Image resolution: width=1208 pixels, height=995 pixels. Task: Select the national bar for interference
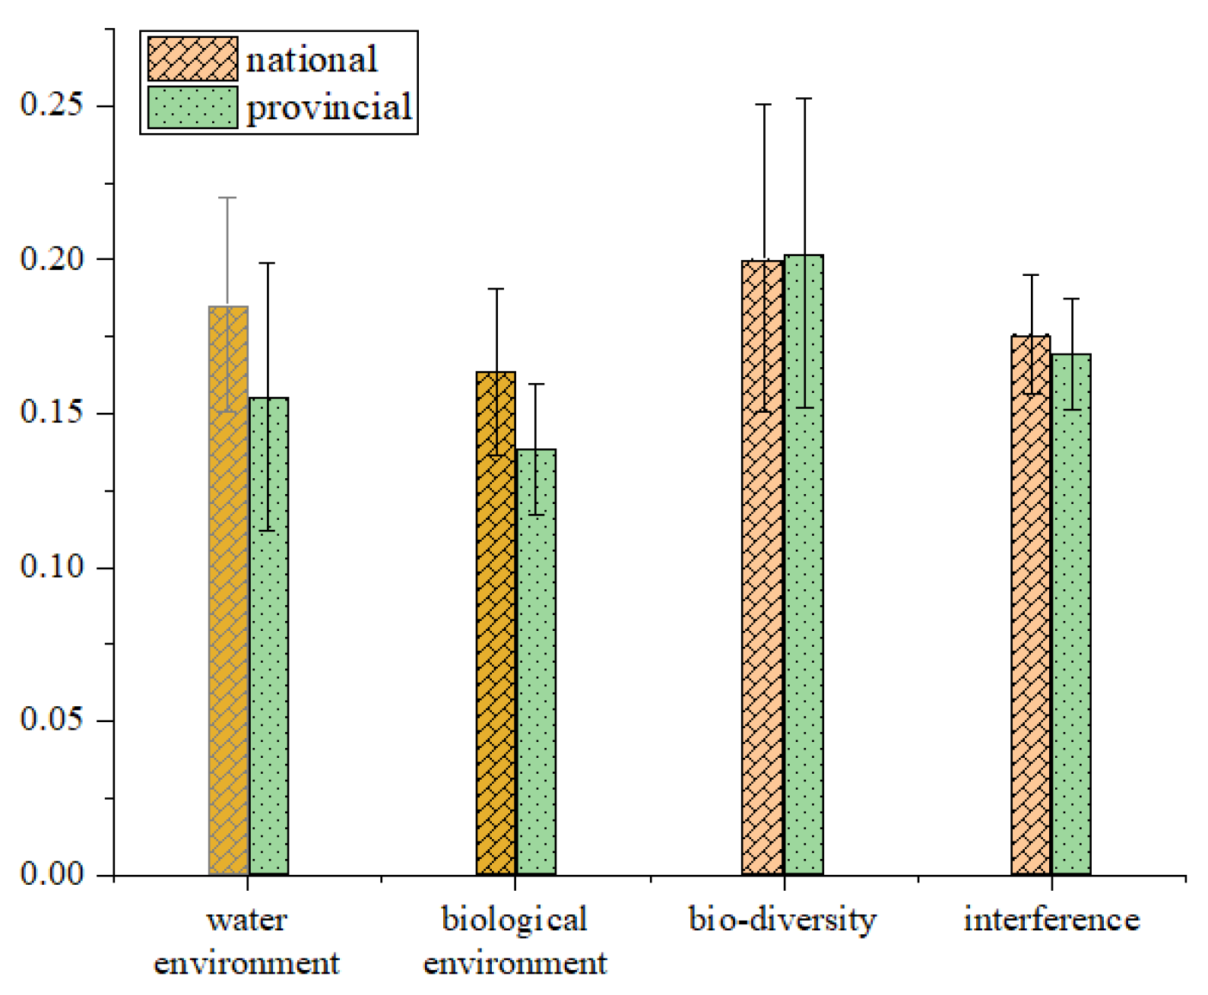[x=1031, y=608]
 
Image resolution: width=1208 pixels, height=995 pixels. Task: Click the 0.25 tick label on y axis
[x=51, y=104]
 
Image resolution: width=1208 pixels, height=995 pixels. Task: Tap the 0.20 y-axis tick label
[x=51, y=258]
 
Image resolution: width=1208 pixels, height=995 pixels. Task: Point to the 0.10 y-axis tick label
[x=51, y=566]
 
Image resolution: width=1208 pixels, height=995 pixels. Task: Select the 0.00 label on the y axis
[x=51, y=874]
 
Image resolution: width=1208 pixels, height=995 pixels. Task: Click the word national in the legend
[x=312, y=59]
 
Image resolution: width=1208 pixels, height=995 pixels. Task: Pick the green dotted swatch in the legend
[x=192, y=107]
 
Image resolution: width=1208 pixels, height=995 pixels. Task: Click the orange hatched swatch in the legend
[x=192, y=59]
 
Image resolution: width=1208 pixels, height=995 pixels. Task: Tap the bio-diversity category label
[x=782, y=920]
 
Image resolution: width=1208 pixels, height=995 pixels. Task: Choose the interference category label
[x=1051, y=920]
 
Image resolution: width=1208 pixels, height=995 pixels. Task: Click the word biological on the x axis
[x=515, y=920]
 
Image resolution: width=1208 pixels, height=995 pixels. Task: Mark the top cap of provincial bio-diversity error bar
[x=804, y=99]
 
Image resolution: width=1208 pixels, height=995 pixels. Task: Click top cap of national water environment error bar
[x=228, y=198]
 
